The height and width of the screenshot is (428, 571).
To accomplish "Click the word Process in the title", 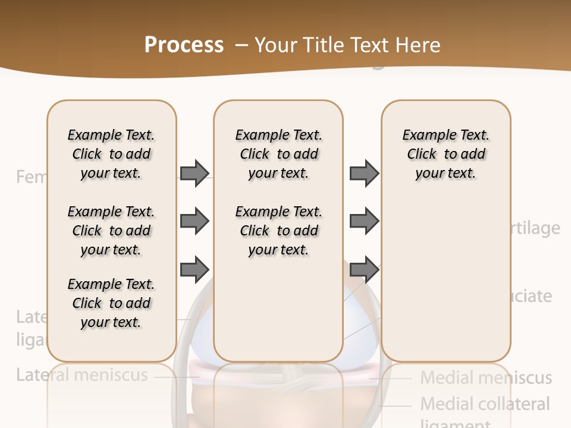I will tap(184, 45).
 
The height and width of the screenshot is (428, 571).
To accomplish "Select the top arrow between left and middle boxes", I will tap(194, 173).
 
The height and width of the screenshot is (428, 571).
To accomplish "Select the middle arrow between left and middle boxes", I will tap(194, 221).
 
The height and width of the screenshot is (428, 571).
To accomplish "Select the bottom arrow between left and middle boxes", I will tap(194, 269).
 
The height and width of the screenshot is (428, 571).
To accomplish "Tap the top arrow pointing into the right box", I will tap(364, 173).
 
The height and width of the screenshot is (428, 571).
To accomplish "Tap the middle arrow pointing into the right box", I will tap(364, 221).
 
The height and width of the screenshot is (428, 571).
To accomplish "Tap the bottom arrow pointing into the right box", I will tap(364, 269).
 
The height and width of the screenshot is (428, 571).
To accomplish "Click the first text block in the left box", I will tap(111, 154).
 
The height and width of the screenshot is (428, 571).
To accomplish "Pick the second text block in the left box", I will tap(111, 231).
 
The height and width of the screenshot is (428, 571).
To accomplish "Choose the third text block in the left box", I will tap(111, 303).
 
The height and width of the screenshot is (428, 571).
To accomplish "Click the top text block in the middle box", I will tap(278, 154).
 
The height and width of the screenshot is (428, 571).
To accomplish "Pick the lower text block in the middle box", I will tap(278, 231).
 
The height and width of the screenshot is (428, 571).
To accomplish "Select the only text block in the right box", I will tap(445, 154).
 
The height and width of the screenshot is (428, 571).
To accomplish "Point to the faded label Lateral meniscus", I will tap(81, 375).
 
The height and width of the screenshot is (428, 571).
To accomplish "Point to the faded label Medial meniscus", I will tap(486, 377).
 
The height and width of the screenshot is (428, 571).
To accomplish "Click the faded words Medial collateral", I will tap(485, 404).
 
